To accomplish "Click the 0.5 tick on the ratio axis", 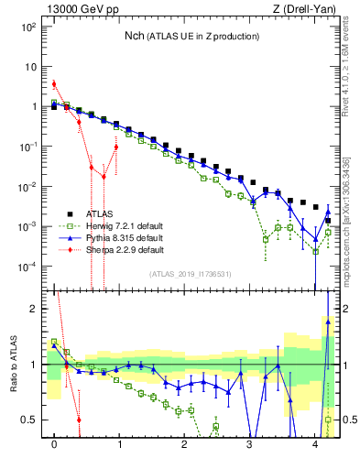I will [x=30, y=420].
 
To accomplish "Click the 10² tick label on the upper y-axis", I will [x=28, y=27].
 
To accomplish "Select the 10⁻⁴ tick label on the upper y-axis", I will [x=28, y=267].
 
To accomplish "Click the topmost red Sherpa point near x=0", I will [x=54, y=84].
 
